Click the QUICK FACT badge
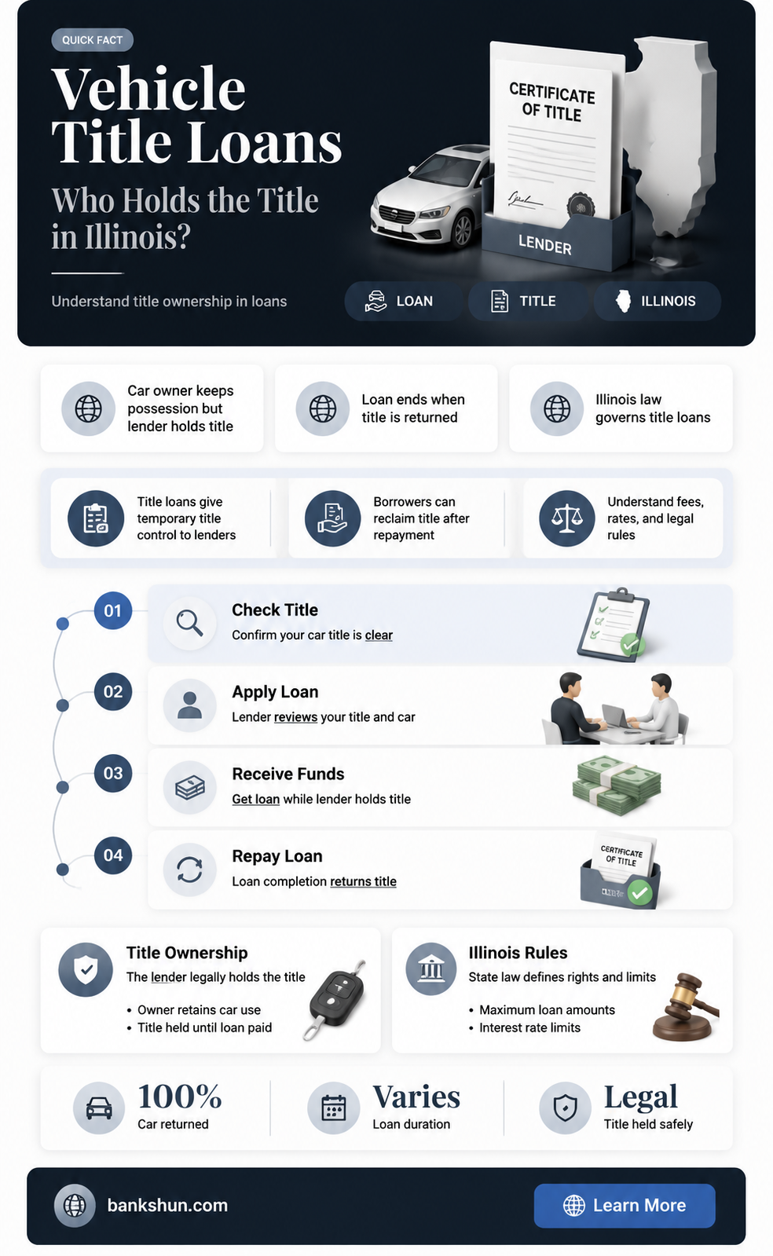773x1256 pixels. click(x=92, y=40)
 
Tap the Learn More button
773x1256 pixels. click(x=625, y=1206)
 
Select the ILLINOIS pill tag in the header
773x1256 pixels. click(x=658, y=301)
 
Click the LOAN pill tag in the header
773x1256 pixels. click(x=403, y=301)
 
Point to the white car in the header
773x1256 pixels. click(x=429, y=196)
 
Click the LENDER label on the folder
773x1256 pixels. click(x=544, y=244)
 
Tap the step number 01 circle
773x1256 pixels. click(x=113, y=610)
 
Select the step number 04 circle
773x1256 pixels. click(x=113, y=855)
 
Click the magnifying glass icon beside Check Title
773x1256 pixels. click(x=189, y=623)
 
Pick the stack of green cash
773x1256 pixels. click(x=617, y=785)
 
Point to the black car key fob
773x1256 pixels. click(x=336, y=999)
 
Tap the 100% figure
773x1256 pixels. click(x=180, y=1097)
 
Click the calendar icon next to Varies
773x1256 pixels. click(x=333, y=1108)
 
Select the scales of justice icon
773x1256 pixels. click(x=566, y=518)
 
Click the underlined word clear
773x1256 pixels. click(x=379, y=635)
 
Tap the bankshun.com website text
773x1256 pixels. click(x=167, y=1206)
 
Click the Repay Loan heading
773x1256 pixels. click(x=277, y=856)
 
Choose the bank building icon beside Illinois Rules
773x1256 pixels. click(x=430, y=969)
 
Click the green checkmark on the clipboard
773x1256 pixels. click(x=632, y=645)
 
